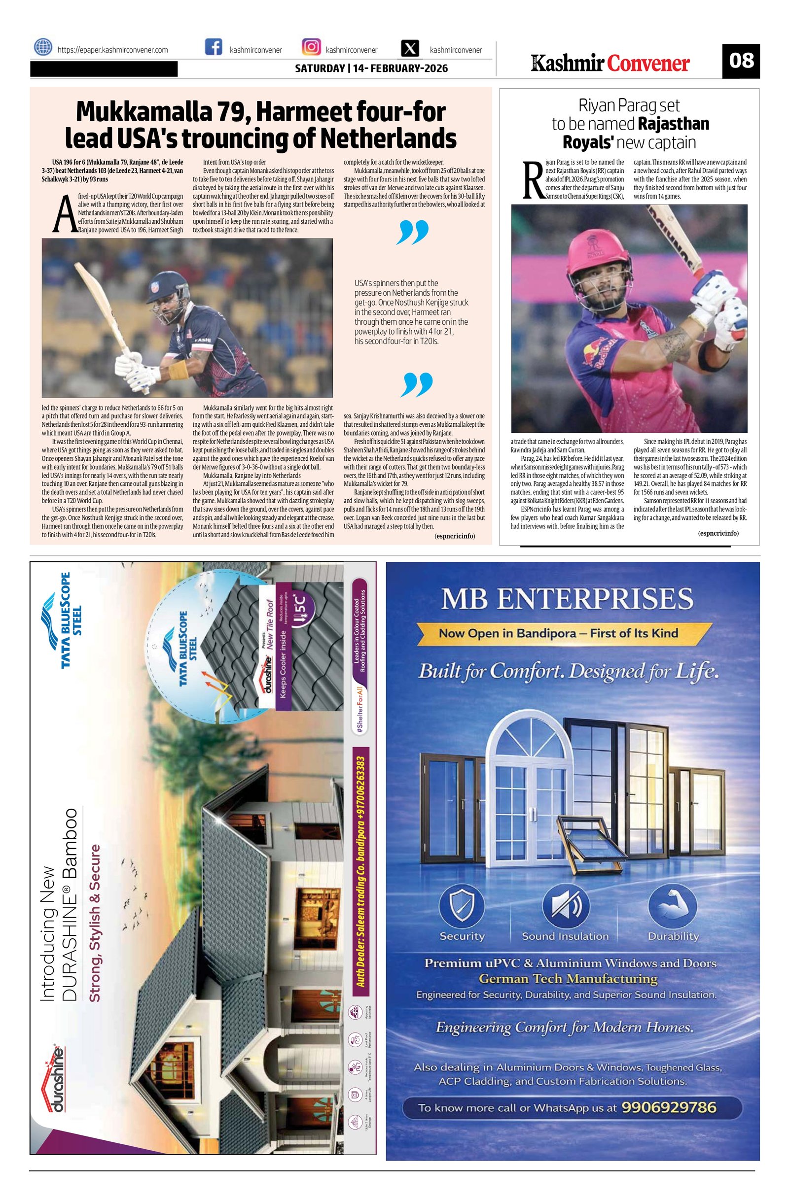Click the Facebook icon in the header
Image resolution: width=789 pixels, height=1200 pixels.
tap(214, 47)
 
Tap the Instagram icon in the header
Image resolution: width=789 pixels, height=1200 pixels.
tap(311, 47)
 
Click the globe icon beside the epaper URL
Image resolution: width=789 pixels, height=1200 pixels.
tap(43, 47)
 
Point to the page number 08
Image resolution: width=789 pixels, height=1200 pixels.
tap(741, 61)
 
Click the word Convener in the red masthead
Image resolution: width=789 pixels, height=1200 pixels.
tap(648, 64)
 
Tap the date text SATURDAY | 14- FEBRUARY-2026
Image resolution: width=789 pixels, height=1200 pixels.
tap(371, 68)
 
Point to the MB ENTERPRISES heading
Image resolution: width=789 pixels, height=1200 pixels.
tap(567, 598)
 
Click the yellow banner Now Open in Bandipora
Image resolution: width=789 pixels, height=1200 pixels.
tap(558, 633)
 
